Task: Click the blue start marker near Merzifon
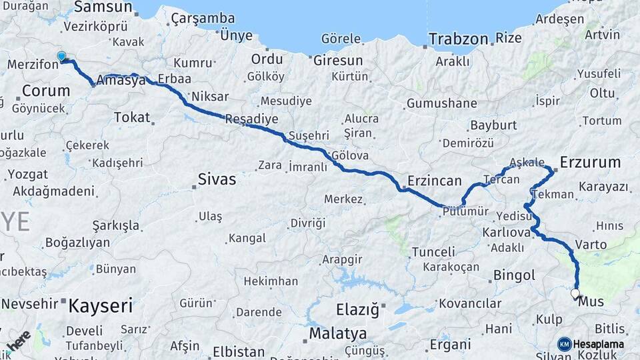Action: tap(62, 57)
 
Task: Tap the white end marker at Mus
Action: tap(575, 293)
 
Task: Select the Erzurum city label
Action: tap(590, 162)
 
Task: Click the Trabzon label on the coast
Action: tap(458, 39)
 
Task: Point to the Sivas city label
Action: tap(217, 179)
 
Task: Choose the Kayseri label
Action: tap(101, 306)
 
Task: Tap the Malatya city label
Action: tap(338, 333)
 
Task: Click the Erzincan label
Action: tap(435, 181)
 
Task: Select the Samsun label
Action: tap(103, 7)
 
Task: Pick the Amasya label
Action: tap(121, 81)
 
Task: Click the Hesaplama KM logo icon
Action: tap(565, 344)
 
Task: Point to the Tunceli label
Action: tap(433, 252)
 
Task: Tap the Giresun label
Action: tap(338, 60)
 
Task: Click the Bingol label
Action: tap(514, 275)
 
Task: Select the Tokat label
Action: tap(131, 117)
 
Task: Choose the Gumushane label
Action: tap(441, 103)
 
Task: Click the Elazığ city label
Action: tap(357, 309)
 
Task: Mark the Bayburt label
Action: tap(493, 125)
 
